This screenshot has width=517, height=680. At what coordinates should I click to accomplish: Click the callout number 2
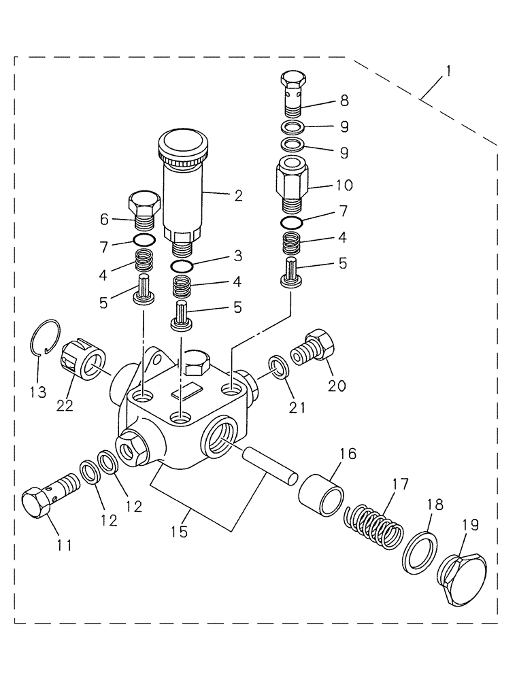(x=238, y=196)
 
